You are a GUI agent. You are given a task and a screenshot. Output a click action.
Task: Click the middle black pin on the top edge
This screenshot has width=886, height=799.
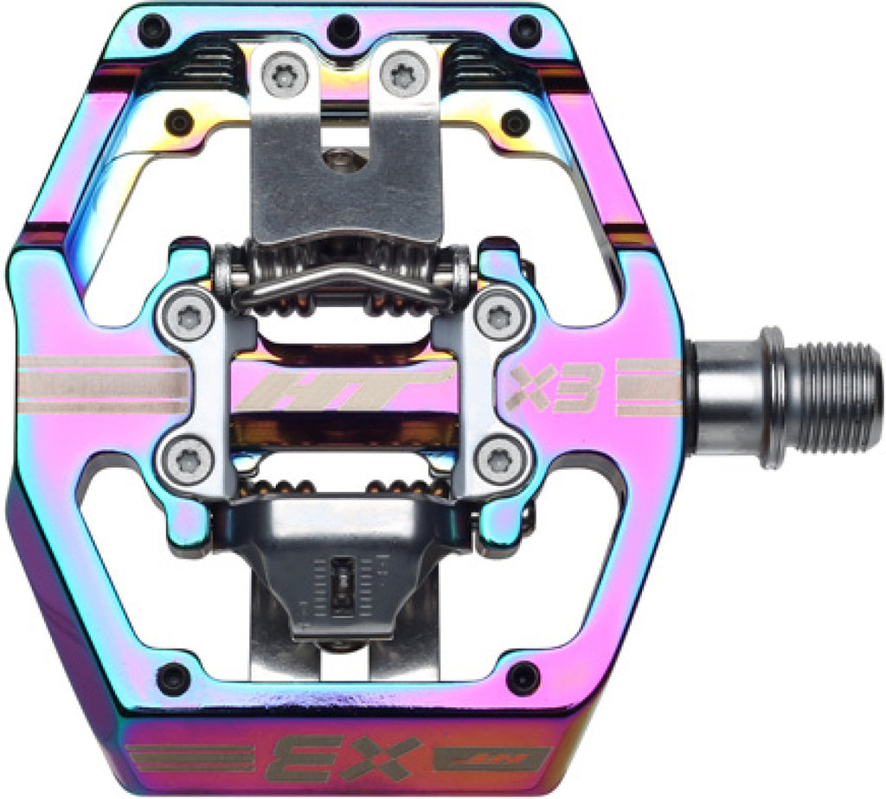[x=344, y=29]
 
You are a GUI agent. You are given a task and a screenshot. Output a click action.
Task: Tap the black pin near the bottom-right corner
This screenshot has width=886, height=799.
[x=522, y=678]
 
